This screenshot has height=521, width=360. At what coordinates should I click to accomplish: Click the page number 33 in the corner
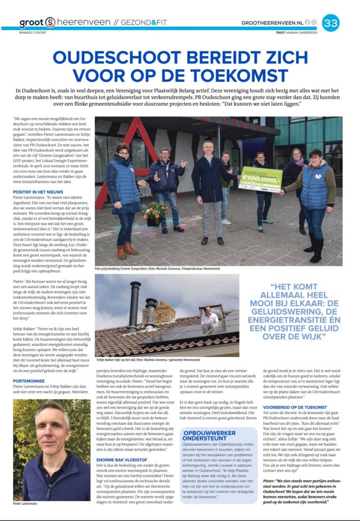[x=331, y=22]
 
